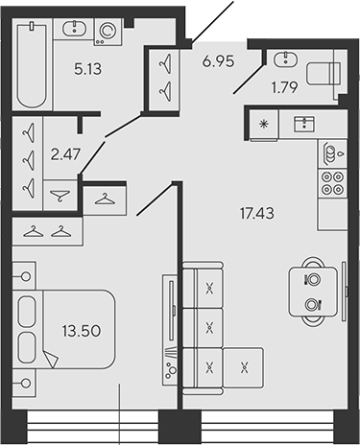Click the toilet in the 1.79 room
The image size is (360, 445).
coord(325,74)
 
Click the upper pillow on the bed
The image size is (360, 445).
coord(28,311)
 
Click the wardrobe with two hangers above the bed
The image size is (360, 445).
coord(47,230)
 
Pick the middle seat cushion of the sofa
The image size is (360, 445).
coord(210,324)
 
